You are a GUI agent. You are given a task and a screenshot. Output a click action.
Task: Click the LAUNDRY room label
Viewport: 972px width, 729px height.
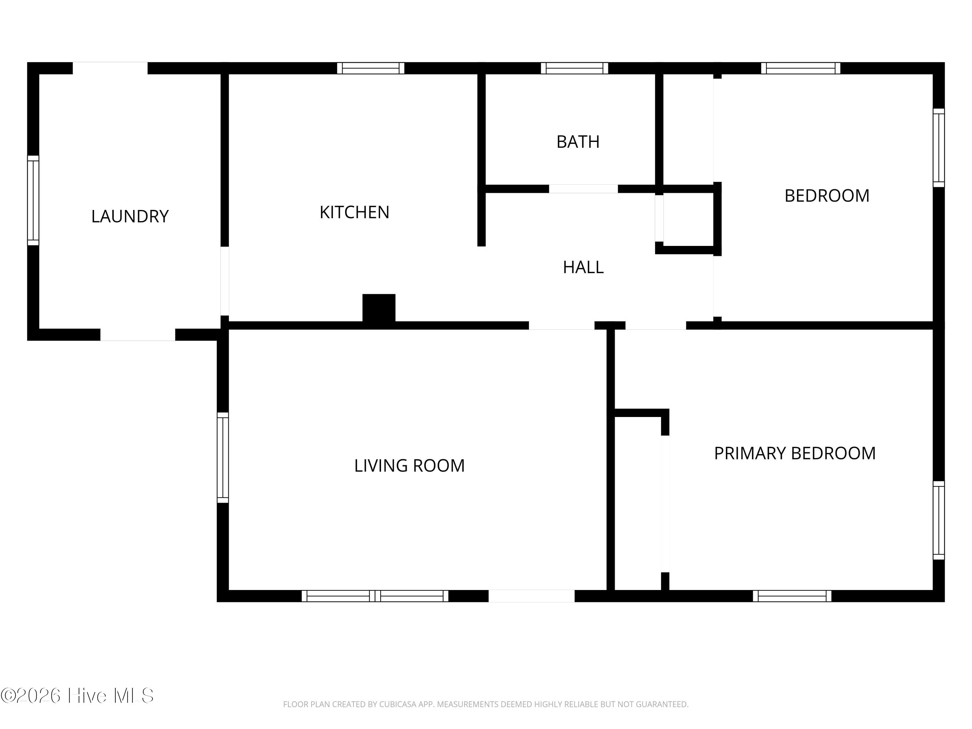click(x=130, y=216)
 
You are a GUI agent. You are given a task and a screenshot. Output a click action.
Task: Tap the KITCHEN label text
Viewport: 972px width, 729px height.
click(x=354, y=212)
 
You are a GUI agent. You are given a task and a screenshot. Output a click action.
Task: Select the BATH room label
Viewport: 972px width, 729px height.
click(x=578, y=142)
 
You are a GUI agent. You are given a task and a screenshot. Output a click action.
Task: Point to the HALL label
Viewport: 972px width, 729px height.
click(x=583, y=267)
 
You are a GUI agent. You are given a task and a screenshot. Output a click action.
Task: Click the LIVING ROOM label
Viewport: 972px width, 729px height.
click(x=409, y=465)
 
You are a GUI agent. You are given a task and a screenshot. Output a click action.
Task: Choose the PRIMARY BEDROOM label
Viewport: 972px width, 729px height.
click(x=794, y=453)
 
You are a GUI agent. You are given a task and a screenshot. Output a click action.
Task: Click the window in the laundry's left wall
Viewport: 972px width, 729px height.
click(x=33, y=200)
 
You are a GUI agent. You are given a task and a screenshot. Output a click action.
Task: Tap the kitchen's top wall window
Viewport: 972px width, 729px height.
click(x=370, y=68)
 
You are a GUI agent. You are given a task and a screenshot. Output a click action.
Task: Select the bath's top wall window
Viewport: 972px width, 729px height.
click(x=574, y=68)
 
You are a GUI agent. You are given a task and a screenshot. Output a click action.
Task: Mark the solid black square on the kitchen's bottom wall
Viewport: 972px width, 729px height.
click(x=379, y=308)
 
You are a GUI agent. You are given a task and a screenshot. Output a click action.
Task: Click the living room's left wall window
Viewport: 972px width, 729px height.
click(x=223, y=457)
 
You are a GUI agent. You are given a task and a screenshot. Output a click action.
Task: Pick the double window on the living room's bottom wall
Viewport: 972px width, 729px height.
click(x=375, y=596)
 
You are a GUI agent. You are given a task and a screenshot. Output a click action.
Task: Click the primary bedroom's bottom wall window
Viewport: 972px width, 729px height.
click(x=792, y=596)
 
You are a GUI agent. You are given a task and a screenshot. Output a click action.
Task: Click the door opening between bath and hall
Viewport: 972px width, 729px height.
click(x=583, y=189)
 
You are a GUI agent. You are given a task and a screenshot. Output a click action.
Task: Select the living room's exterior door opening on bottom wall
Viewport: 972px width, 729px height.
click(x=531, y=596)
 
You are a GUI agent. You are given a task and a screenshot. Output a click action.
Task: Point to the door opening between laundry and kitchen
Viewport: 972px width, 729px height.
click(x=225, y=281)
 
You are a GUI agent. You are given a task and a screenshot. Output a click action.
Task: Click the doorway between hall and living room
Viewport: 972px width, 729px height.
click(x=561, y=325)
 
